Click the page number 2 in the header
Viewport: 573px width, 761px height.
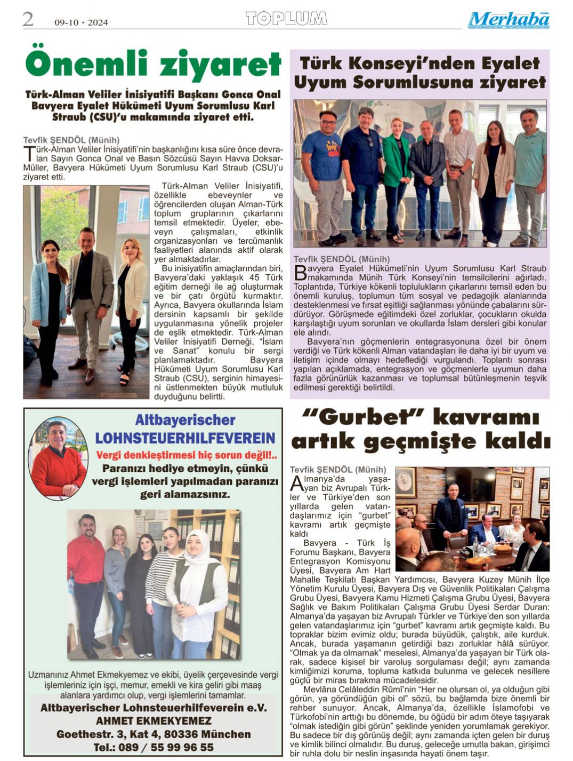28,20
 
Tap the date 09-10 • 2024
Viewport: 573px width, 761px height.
81,22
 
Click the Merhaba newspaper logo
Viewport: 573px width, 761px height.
509,20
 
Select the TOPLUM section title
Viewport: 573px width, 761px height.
286,19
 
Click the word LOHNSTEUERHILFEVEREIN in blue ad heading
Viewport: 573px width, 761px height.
185,438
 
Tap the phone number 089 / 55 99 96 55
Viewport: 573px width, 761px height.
154,747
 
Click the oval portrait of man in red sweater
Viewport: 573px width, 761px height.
59,457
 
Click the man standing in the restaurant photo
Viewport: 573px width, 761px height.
451,512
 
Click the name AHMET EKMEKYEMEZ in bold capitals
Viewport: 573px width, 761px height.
154,721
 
